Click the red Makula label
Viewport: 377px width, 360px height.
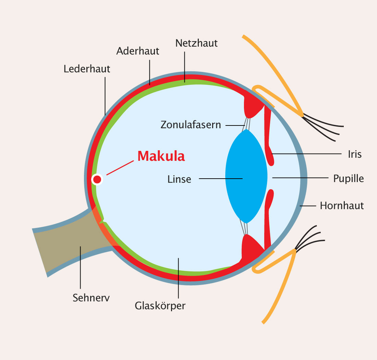pyautogui.click(x=161, y=156)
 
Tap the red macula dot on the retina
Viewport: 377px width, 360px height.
pyautogui.click(x=97, y=179)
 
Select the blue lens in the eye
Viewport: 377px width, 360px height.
pyautogui.click(x=246, y=176)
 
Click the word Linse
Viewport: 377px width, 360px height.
pyautogui.click(x=179, y=179)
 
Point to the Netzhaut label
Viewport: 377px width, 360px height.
pyautogui.click(x=196, y=43)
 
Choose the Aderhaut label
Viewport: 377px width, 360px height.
pyautogui.click(x=138, y=51)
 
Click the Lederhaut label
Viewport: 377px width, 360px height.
pyautogui.click(x=87, y=69)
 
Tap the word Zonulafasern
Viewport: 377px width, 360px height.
pyautogui.click(x=191, y=124)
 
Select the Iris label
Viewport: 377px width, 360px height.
pyautogui.click(x=355, y=154)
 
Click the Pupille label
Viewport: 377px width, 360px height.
pyautogui.click(x=349, y=179)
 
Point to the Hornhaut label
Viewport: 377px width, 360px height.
pyautogui.click(x=342, y=206)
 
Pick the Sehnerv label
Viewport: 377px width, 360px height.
pyautogui.click(x=91, y=298)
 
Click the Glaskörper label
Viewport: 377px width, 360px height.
pyautogui.click(x=160, y=305)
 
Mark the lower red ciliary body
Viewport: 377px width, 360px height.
pyautogui.click(x=250, y=247)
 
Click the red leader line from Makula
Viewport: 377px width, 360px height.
pyautogui.click(x=120, y=168)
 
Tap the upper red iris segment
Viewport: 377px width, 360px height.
pyautogui.click(x=269, y=137)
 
